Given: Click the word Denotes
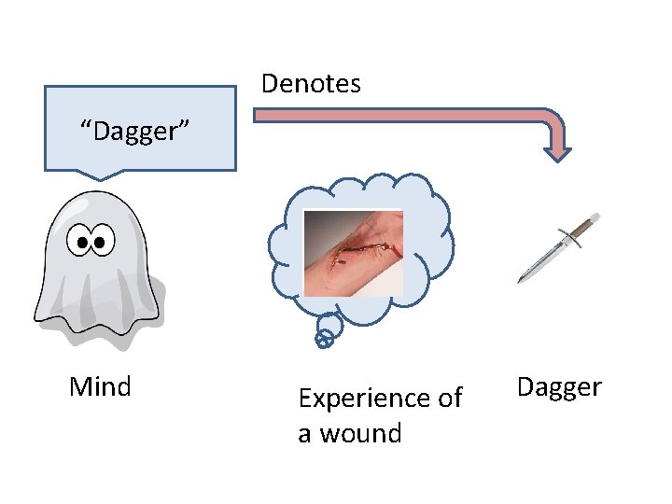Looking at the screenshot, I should tap(311, 84).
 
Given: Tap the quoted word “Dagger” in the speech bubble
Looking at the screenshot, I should tap(136, 132).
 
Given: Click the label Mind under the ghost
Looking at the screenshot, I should tap(100, 386).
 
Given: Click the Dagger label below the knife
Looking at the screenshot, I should tap(559, 386).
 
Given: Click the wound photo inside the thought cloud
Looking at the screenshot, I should tap(353, 253).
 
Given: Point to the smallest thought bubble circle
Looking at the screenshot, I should tap(323, 342).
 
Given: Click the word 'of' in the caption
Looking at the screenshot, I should tap(449, 399).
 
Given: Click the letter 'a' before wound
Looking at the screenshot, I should tap(305, 434).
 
